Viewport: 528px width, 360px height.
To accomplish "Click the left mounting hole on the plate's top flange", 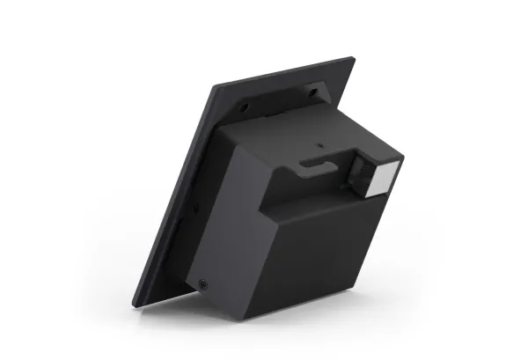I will pyautogui.click(x=244, y=107).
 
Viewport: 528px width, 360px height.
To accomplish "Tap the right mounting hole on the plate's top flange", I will pyautogui.click(x=312, y=90).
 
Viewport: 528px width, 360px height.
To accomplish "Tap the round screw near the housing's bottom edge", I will pyautogui.click(x=204, y=284).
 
